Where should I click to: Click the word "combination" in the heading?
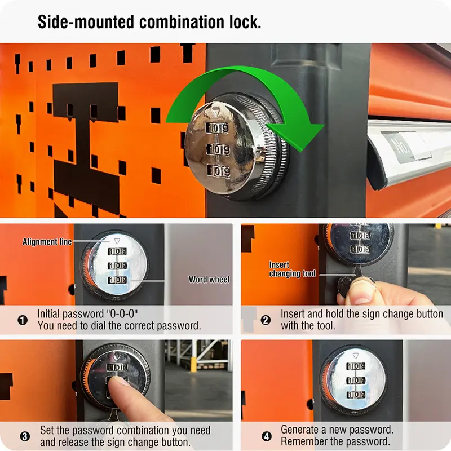point(182,22)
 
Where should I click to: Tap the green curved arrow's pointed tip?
point(301,151)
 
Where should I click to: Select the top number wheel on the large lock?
point(218,128)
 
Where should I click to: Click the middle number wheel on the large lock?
point(218,149)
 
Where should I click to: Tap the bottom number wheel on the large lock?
point(219,171)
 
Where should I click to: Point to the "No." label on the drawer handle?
point(402,147)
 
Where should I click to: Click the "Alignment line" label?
point(47,242)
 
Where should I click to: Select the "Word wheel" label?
point(209,279)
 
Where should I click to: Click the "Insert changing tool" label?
point(292,269)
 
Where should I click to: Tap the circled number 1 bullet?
point(23,320)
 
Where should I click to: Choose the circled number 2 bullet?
point(266,320)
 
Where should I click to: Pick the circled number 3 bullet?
point(25,436)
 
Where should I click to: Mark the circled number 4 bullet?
point(267,436)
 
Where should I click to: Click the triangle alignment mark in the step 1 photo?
point(117,241)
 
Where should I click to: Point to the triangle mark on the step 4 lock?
point(356,356)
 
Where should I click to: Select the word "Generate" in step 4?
point(300,430)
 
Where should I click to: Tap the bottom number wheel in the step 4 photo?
point(356,394)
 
